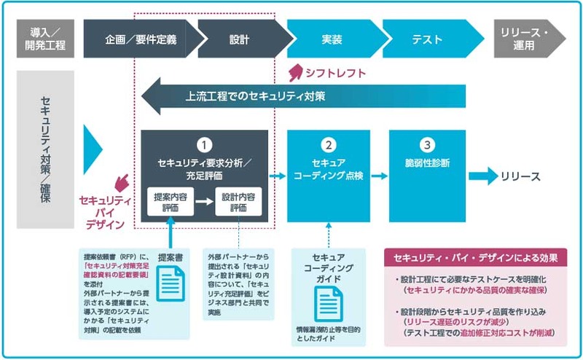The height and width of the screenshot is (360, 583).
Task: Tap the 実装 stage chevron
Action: point(332,39)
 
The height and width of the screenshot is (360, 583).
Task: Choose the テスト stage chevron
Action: point(429,39)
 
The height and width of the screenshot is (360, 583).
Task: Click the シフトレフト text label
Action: point(336,73)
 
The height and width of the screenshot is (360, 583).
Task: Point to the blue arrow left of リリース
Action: point(481,176)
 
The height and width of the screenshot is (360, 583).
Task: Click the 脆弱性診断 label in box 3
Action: point(429,163)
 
